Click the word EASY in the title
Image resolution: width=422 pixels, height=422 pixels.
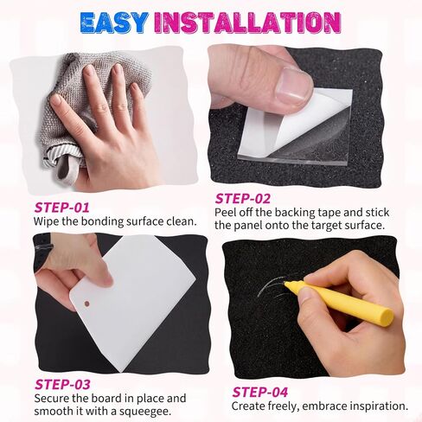pyautogui.click(x=114, y=22)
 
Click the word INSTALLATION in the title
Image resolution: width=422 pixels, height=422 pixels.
pyautogui.click(x=248, y=22)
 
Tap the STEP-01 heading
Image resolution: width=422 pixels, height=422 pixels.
pyautogui.click(x=61, y=208)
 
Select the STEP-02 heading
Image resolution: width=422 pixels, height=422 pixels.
pyautogui.click(x=243, y=199)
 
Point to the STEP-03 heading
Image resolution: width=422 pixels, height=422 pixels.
pyautogui.click(x=62, y=384)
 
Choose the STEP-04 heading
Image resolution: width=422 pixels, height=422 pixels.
pyautogui.click(x=260, y=392)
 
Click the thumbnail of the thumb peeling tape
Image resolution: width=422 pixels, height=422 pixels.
pyautogui.click(x=291, y=85)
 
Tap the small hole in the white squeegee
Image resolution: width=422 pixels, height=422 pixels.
pyautogui.click(x=86, y=304)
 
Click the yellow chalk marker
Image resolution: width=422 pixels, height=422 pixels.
pyautogui.click(x=339, y=303)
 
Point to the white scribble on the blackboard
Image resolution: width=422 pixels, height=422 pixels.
pyautogui.click(x=275, y=287)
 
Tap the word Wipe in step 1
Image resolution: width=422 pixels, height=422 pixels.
pyautogui.click(x=44, y=221)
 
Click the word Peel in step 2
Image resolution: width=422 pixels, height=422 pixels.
pyautogui.click(x=225, y=213)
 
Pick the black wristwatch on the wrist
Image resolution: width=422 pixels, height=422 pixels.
pyautogui.click(x=43, y=251)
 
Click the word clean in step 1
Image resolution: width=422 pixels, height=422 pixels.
pyautogui.click(x=182, y=221)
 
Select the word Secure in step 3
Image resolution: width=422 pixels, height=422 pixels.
pyautogui.click(x=52, y=399)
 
